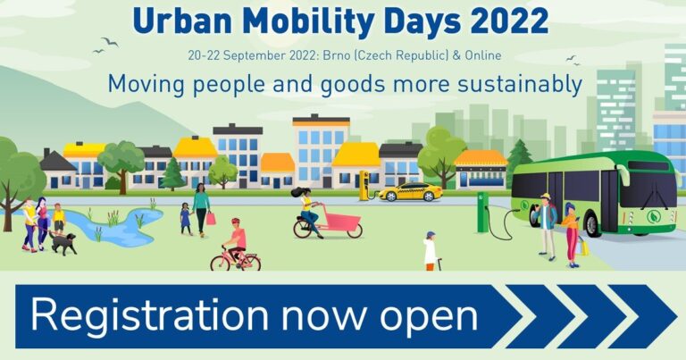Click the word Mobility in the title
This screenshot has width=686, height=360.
point(303,21)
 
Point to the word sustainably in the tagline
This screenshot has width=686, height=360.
point(520,84)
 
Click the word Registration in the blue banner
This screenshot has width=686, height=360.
point(149,316)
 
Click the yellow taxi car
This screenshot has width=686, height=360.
point(410,191)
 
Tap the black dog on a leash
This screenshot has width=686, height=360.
point(63,242)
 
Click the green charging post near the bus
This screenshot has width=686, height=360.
point(483,212)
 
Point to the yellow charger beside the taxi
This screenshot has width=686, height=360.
point(364,186)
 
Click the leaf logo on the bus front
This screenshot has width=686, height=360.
point(654,216)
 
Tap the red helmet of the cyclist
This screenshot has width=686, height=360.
point(236,222)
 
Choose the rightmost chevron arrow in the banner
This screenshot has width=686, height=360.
point(643,316)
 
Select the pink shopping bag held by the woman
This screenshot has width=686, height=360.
point(211,218)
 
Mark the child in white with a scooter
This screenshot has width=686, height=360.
point(431,251)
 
